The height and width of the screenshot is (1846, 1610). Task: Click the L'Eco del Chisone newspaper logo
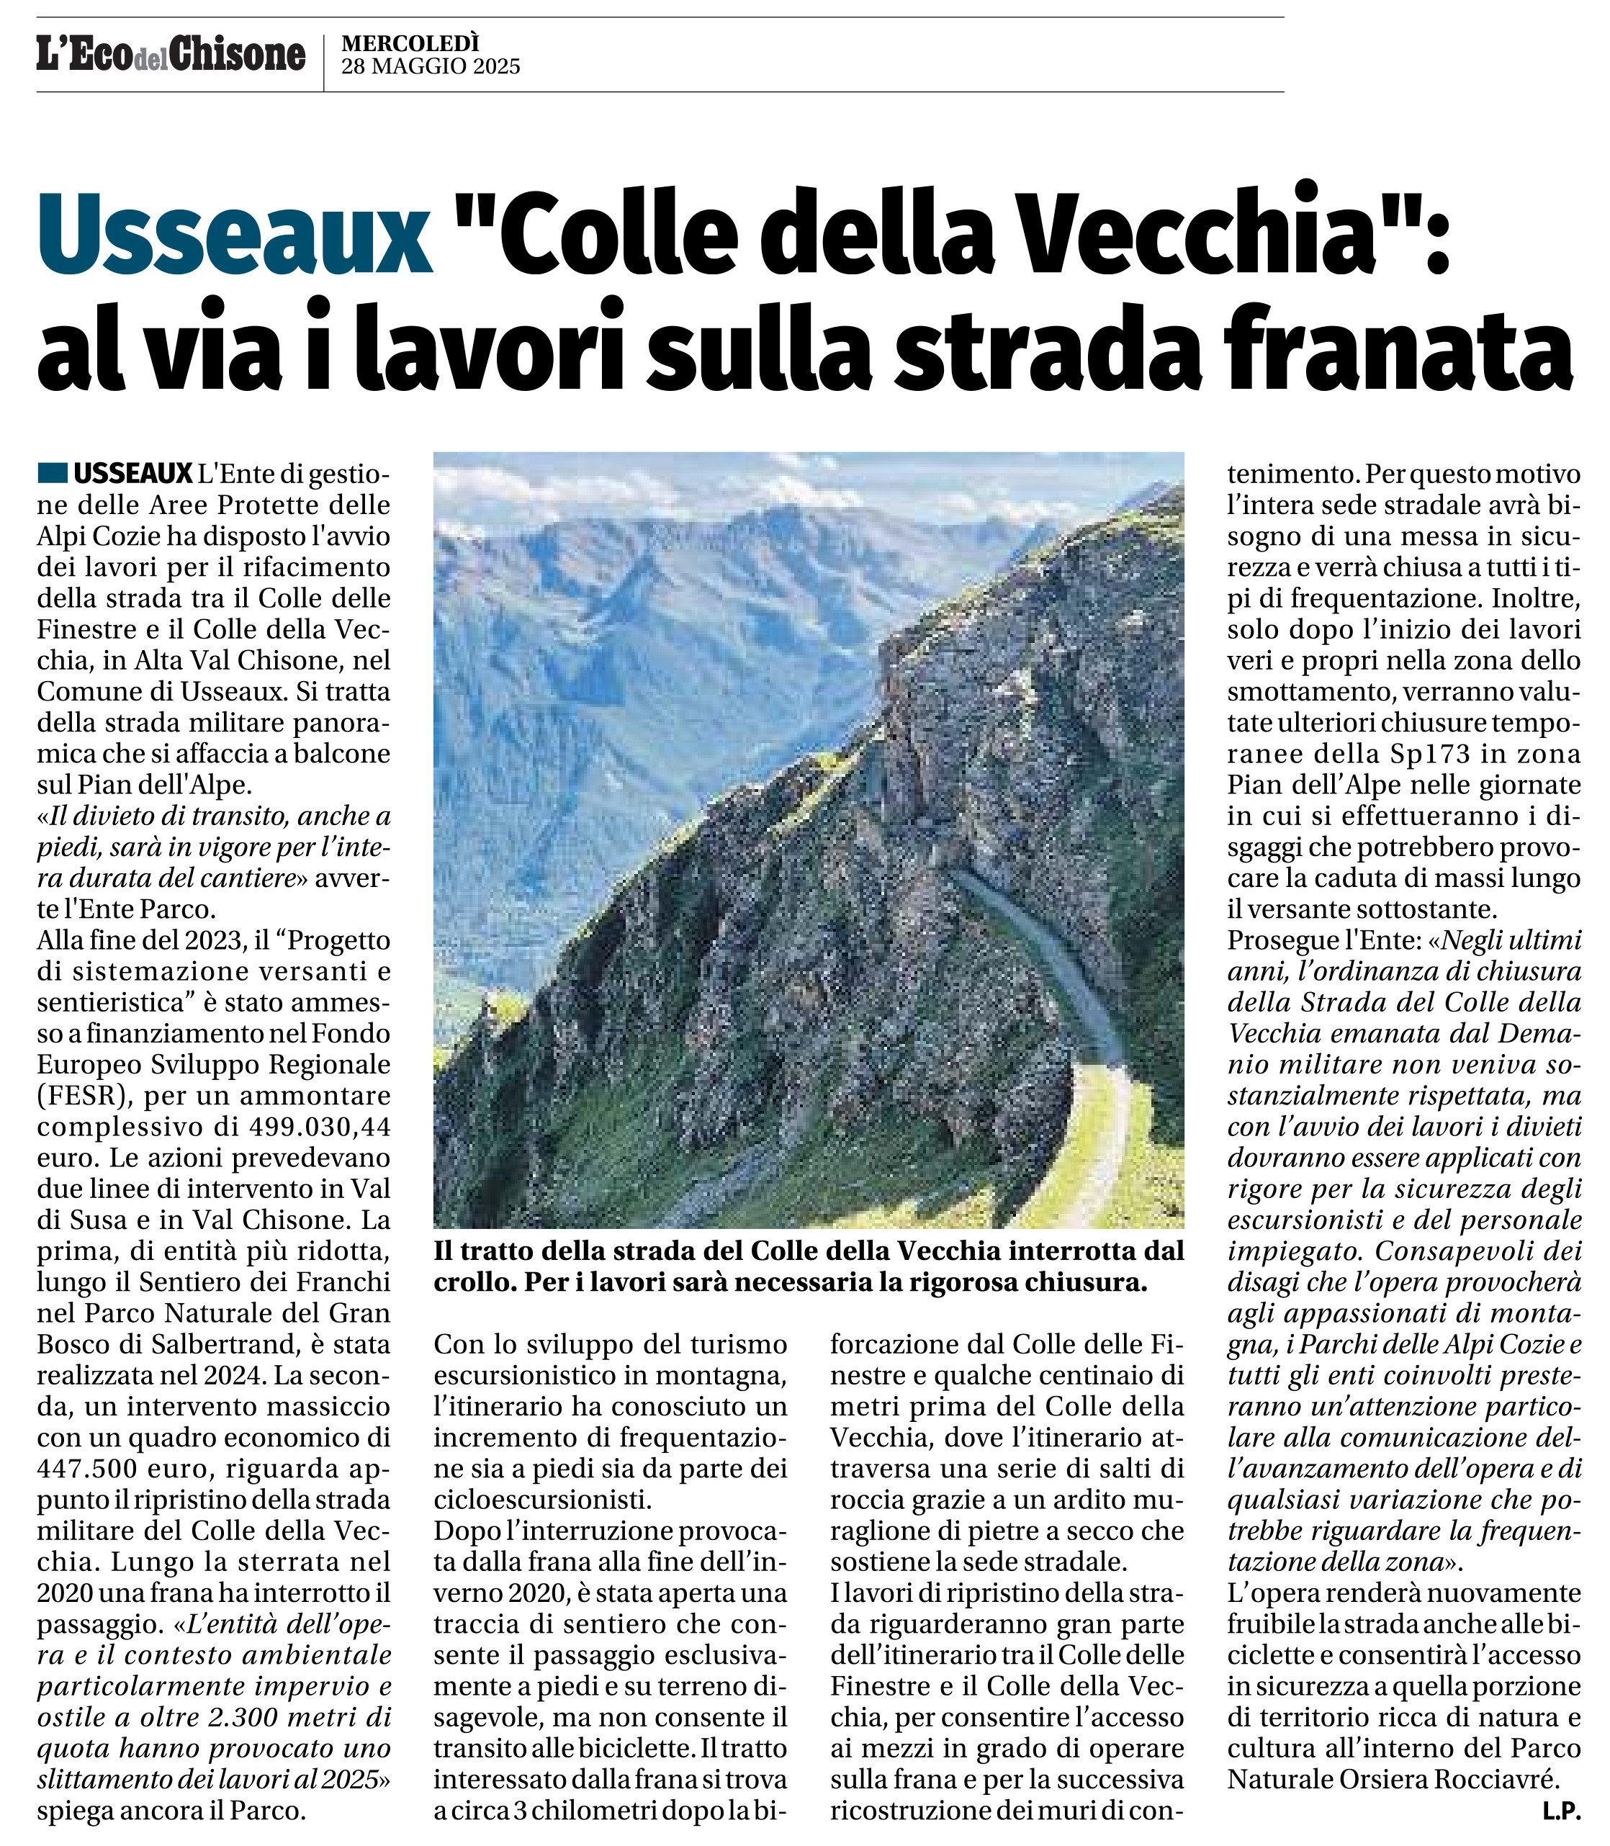tap(171, 55)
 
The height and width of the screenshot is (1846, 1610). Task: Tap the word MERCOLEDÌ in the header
tap(410, 42)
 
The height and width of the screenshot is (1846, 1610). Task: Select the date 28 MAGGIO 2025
tap(431, 66)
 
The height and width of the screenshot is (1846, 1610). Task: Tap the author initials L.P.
tap(1562, 1813)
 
